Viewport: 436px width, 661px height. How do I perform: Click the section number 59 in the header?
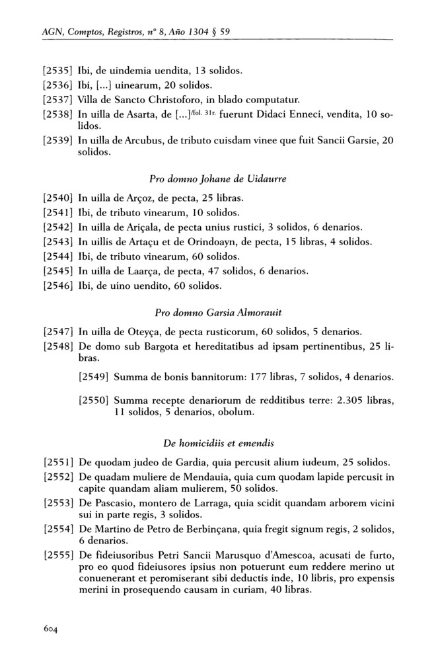click(x=225, y=30)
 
